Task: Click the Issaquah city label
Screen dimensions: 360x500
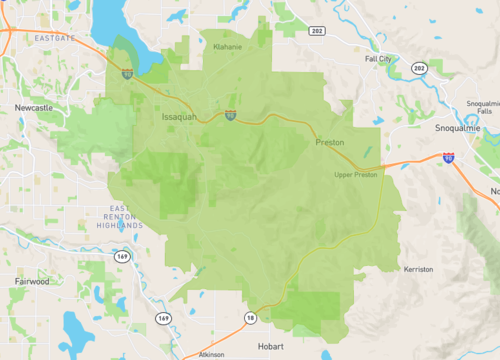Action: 180,118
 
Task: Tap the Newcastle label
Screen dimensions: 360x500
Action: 33,106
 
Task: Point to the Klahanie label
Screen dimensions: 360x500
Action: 228,46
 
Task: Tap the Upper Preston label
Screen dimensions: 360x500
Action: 356,175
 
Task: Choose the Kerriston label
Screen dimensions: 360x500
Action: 418,269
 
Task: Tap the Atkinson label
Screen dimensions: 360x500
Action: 211,354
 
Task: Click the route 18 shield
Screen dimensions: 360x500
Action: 249,318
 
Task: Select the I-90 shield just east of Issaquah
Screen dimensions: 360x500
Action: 231,116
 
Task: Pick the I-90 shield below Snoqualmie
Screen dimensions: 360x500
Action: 448,157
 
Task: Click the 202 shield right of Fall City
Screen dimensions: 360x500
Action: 419,68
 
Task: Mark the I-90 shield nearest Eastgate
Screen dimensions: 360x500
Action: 127,73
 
